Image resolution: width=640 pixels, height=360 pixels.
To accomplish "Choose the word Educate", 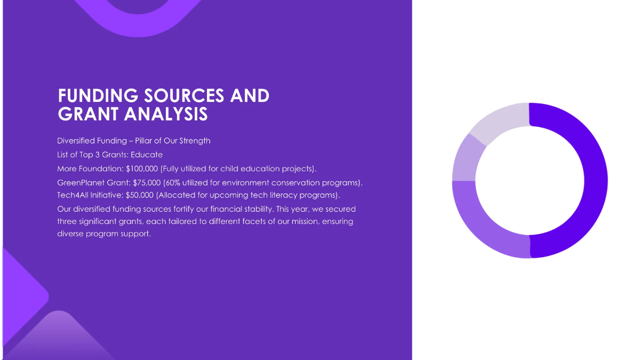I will click(x=147, y=155).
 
